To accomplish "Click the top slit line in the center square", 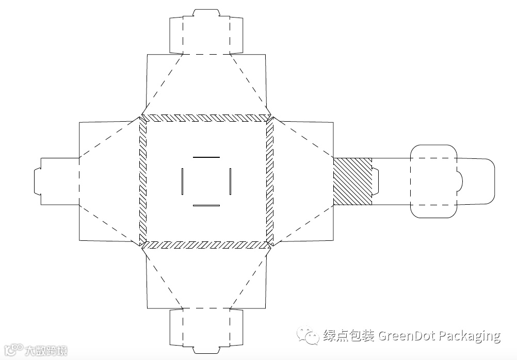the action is click(206, 156).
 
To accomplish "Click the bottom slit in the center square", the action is click(206, 205).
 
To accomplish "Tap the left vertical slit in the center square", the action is click(183, 181).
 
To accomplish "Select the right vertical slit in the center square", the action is click(230, 181).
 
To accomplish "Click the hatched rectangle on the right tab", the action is click(352, 181).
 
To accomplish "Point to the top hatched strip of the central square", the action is click(206, 118).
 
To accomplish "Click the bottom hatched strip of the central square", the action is click(206, 245).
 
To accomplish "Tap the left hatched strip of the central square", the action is click(143, 181).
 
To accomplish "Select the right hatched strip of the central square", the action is click(269, 181).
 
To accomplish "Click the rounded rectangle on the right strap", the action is click(433, 181).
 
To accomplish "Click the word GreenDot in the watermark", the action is click(407, 336).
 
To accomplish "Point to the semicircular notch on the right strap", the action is click(459, 181).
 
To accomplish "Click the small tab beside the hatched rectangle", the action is click(376, 181).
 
